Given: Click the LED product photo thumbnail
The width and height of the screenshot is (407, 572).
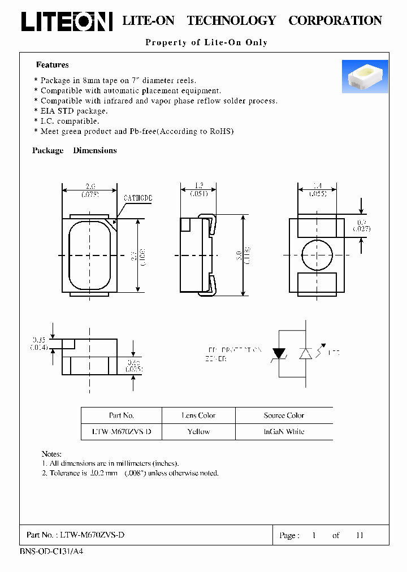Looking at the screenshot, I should click(365, 76).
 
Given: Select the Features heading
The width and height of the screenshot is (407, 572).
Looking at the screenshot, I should click(53, 65).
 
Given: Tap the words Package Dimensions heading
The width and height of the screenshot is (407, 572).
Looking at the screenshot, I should click(75, 150).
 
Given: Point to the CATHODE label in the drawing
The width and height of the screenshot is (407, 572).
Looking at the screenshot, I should click(138, 199).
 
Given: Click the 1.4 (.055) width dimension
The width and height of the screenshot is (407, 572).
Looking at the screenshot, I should click(317, 189).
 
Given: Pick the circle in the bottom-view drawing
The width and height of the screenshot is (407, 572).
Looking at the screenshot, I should click(317, 255).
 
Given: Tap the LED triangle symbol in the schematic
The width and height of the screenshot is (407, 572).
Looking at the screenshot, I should click(306, 353).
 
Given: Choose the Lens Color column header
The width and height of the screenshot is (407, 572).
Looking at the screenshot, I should click(198, 415).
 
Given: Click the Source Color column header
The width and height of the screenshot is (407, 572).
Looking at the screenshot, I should click(284, 415).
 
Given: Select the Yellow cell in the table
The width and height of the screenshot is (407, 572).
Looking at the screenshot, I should click(198, 431).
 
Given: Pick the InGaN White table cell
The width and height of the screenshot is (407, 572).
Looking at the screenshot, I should click(284, 431).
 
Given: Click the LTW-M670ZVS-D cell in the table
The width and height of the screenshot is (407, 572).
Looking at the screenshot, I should click(122, 431).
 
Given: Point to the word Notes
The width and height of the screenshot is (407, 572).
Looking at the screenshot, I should click(51, 454).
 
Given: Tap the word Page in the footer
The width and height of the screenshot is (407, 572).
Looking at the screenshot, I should click(289, 535).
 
